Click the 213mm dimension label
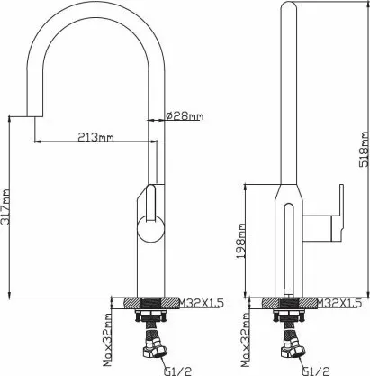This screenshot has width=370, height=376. point(95,137)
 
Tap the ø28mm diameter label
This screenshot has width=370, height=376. point(185,115)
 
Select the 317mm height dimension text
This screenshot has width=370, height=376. point(5,206)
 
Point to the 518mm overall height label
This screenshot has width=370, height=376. point(364,149)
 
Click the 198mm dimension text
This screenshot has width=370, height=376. point(240,241)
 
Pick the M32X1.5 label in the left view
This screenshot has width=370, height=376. point(202,303)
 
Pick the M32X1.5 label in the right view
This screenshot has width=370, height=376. point(339,303)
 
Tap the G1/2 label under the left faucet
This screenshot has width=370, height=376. point(177,371)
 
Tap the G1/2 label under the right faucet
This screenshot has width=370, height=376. point(316,371)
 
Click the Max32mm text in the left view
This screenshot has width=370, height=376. point(107,340)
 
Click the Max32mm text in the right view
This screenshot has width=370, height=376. point(246,340)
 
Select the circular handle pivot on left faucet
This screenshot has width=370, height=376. point(151,229)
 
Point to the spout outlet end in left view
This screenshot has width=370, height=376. point(34,115)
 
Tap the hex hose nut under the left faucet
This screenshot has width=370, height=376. point(156,350)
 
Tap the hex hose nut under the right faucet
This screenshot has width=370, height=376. point(293,350)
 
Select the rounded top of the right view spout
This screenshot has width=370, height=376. point(289,6)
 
